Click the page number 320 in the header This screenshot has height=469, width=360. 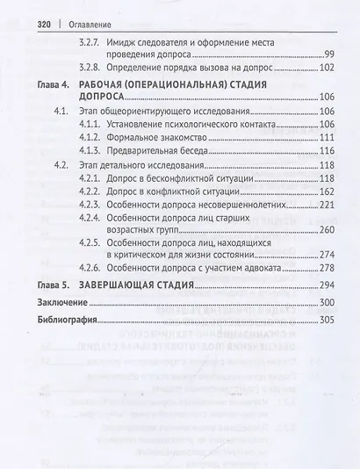click(x=25, y=25)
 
